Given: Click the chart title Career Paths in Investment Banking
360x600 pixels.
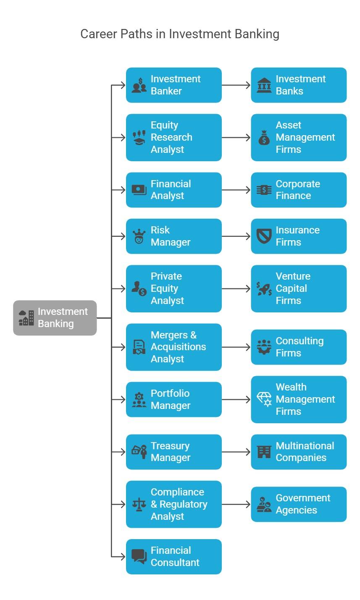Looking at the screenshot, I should pyautogui.click(x=180, y=34).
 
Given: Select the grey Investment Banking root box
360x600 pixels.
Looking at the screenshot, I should pyautogui.click(x=55, y=318).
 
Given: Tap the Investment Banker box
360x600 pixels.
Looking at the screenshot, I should pyautogui.click(x=173, y=85).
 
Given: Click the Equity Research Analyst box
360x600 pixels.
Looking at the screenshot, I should pyautogui.click(x=173, y=137).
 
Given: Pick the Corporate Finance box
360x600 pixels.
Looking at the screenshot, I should pyautogui.click(x=299, y=190).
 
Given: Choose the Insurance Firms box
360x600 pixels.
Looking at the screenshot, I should pyautogui.click(x=299, y=236).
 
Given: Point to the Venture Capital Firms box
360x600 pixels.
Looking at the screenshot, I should pyautogui.click(x=299, y=288).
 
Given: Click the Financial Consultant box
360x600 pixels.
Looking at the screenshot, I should pyautogui.click(x=173, y=557).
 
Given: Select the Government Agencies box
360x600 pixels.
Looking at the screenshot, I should pyautogui.click(x=299, y=504).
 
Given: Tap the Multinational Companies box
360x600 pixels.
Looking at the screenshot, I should pyautogui.click(x=299, y=452).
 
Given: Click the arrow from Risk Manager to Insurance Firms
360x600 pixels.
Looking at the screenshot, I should pyautogui.click(x=236, y=236).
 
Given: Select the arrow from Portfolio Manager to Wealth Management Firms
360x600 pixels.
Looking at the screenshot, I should pyautogui.click(x=236, y=399).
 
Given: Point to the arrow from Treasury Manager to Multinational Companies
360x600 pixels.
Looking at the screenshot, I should pyautogui.click(x=236, y=452).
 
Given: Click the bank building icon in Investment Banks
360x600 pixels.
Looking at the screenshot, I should pyautogui.click(x=264, y=85).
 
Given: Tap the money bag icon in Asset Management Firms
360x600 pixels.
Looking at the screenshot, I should pyautogui.click(x=264, y=137).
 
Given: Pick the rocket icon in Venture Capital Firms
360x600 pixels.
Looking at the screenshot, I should pyautogui.click(x=264, y=289).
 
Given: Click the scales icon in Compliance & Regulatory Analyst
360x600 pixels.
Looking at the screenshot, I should pyautogui.click(x=139, y=504).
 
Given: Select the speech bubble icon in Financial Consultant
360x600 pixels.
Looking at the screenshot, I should pyautogui.click(x=139, y=557).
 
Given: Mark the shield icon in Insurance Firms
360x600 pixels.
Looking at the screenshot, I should pyautogui.click(x=264, y=236).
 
